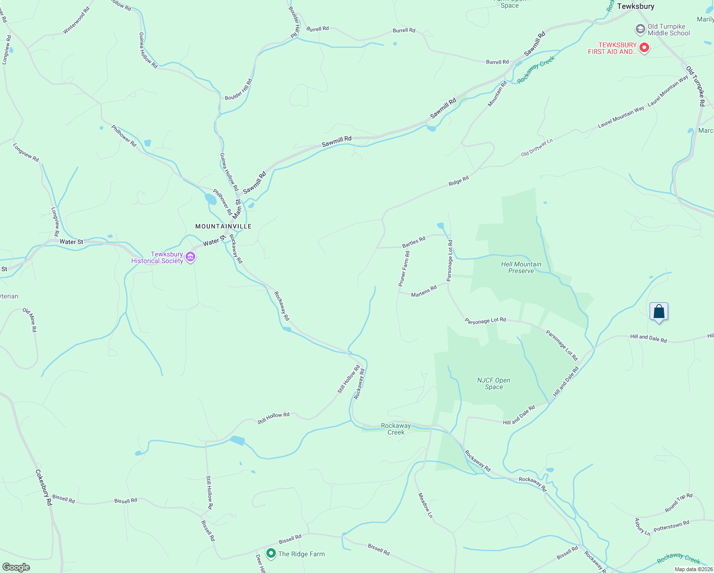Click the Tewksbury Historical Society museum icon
[x=190, y=257]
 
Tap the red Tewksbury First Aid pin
[x=644, y=48]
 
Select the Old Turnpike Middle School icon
[x=640, y=30]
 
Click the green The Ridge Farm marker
[x=271, y=553]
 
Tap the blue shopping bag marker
[x=659, y=312]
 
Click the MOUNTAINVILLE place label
[x=223, y=226]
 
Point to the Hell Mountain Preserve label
[x=521, y=267]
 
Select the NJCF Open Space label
[x=493, y=383]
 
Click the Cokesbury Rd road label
[x=43, y=487]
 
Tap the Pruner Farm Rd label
[x=404, y=269]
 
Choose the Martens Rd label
[x=424, y=291]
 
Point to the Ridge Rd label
[x=459, y=181]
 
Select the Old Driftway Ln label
[x=536, y=148]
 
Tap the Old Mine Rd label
[x=30, y=320]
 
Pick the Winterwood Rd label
[x=76, y=21]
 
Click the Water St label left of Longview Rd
[x=71, y=242]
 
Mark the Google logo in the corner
[x=16, y=567]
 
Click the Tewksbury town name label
[x=635, y=6]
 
